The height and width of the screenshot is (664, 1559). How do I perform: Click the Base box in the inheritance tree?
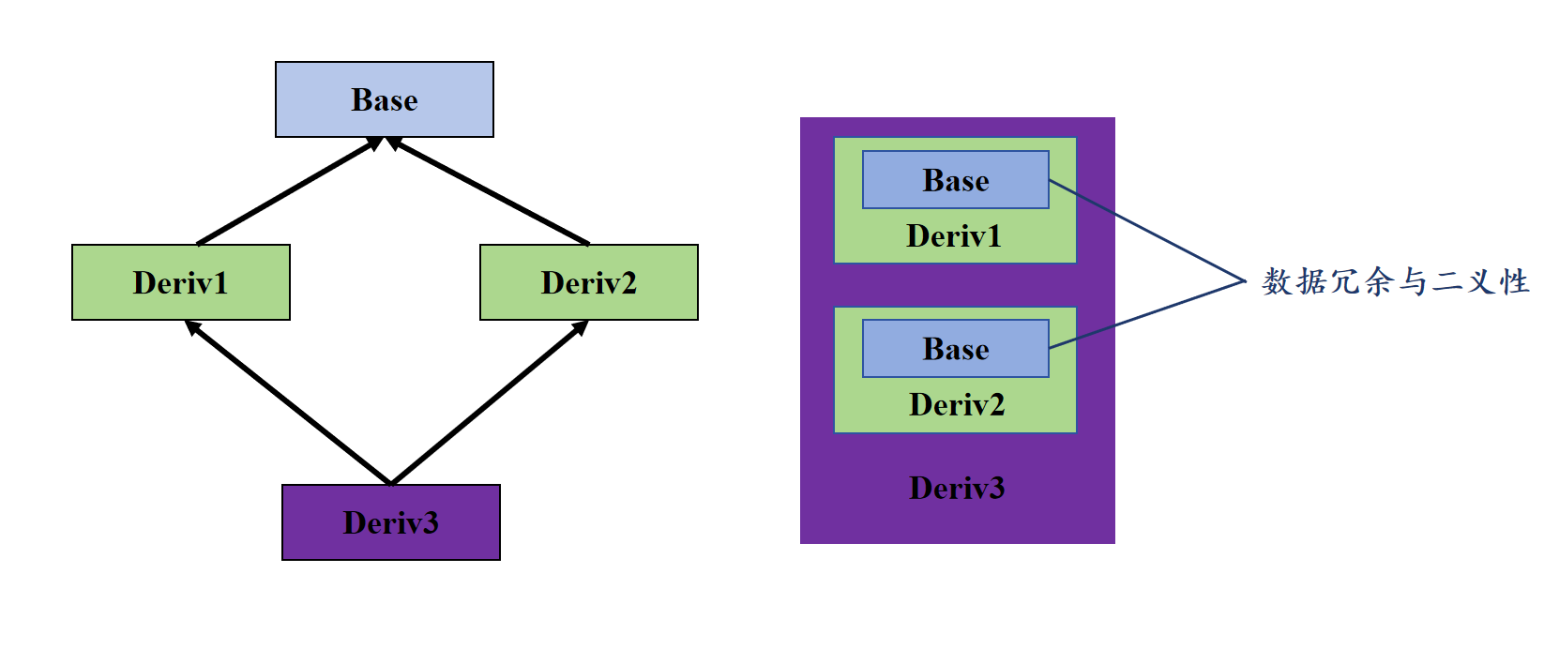pos(385,99)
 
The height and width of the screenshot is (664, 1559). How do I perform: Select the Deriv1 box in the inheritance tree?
pos(181,282)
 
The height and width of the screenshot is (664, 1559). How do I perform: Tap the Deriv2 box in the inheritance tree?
pos(589,282)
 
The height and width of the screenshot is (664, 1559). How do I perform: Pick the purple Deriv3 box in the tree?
pos(391,522)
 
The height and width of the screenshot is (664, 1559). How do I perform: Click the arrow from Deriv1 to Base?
pos(290,190)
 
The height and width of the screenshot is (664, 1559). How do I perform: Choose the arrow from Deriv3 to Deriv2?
pos(490,402)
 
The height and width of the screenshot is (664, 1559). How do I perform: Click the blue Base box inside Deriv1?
pos(956,179)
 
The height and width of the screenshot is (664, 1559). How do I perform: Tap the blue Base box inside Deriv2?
pos(956,349)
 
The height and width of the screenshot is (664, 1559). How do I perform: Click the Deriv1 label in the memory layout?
pos(954,236)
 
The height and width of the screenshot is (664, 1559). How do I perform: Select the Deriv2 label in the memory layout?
pos(957,405)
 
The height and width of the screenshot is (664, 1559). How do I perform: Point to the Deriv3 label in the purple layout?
pos(957,488)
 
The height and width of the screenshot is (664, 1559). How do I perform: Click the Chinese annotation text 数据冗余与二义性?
pos(1396,282)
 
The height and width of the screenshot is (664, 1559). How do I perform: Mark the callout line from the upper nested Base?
pos(1147,231)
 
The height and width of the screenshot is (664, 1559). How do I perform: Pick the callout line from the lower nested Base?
pos(1147,314)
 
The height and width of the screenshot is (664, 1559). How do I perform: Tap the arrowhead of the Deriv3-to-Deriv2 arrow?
pos(581,328)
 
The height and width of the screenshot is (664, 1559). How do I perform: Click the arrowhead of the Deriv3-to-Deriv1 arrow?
pos(193,328)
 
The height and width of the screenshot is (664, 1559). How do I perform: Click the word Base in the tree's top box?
pos(385,99)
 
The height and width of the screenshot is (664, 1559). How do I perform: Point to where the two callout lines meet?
pos(1245,281)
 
